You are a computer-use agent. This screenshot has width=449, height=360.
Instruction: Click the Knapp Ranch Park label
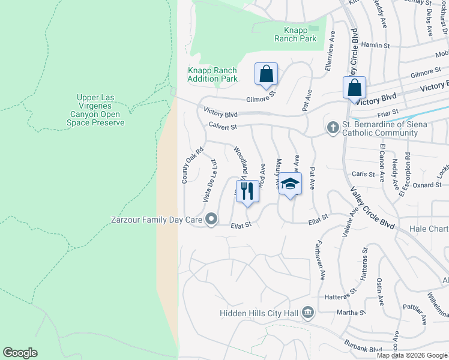[295, 34]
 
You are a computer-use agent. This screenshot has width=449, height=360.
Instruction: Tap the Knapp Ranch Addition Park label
[212, 74]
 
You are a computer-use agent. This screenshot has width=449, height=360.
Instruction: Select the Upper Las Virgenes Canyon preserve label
[100, 110]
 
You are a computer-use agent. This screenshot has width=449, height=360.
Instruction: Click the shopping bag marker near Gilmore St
[266, 73]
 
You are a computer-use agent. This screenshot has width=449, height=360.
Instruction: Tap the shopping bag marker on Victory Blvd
[355, 87]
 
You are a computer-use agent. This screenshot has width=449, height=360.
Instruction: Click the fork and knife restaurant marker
[247, 191]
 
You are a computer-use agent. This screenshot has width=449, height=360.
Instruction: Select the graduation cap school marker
[290, 184]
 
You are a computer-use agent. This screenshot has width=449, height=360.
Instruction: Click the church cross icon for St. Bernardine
[332, 127]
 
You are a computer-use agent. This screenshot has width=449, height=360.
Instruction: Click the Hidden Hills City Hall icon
[308, 312]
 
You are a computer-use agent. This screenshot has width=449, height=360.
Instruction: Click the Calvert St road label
[223, 127]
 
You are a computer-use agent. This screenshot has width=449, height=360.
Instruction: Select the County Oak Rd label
[184, 166]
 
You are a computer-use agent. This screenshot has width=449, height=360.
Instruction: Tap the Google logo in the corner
[20, 353]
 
